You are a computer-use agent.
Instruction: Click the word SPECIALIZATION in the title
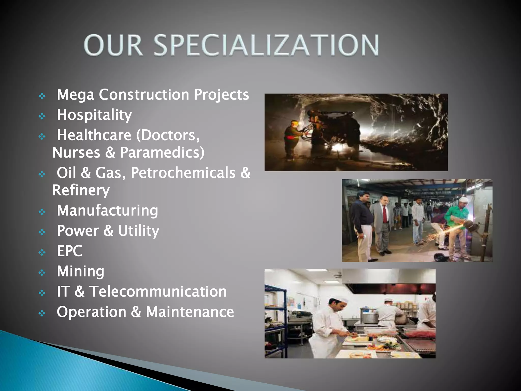(266, 45)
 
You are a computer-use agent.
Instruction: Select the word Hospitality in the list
(94, 115)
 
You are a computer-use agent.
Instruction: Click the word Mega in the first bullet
(76, 95)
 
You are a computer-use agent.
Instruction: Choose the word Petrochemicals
(183, 173)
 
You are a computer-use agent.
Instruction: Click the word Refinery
(81, 190)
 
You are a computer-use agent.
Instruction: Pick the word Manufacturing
(107, 211)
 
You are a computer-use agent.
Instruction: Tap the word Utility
(139, 231)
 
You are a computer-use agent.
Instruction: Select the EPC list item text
(70, 251)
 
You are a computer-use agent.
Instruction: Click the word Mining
(80, 271)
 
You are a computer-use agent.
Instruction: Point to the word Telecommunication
(158, 292)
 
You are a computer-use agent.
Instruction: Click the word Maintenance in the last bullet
(190, 312)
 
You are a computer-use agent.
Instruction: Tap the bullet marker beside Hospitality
(42, 116)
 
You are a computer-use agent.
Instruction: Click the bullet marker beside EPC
(42, 252)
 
